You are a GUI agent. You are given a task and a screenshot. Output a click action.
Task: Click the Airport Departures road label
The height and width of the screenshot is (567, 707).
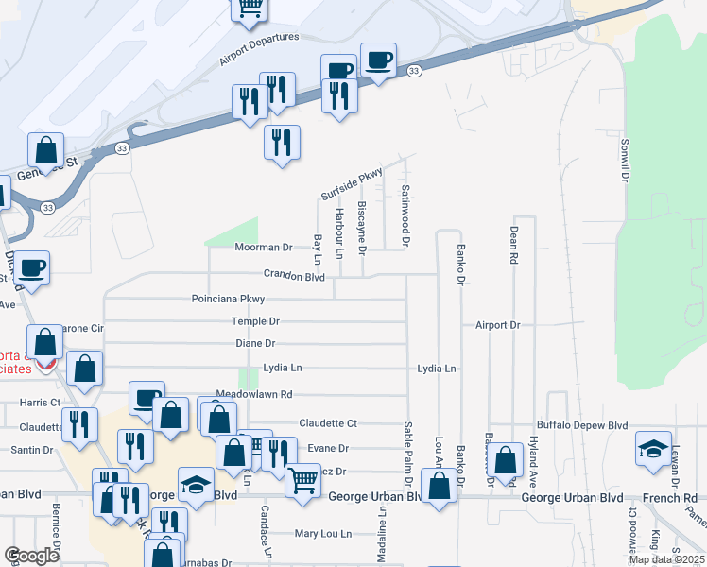(x=258, y=50)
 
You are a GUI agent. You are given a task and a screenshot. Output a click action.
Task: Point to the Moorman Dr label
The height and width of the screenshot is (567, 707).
(x=263, y=248)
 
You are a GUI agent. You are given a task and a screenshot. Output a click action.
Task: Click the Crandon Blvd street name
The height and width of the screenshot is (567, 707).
(x=293, y=277)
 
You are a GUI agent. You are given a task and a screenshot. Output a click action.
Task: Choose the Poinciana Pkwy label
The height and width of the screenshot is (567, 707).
(x=228, y=299)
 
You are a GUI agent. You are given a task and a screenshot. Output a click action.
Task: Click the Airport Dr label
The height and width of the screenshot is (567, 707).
(x=497, y=324)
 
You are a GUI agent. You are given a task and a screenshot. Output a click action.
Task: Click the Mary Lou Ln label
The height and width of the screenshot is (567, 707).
(x=323, y=533)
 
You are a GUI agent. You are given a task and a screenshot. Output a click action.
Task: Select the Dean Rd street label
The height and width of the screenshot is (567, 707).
(x=513, y=245)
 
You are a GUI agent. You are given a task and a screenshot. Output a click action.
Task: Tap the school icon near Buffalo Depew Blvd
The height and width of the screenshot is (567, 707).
(x=653, y=448)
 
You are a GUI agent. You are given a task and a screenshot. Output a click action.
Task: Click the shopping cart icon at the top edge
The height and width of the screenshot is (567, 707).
(x=250, y=8)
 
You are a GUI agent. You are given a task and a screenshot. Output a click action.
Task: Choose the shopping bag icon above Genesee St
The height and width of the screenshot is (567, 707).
(x=45, y=149)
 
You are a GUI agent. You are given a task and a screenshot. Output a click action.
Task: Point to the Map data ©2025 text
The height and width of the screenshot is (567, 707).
(x=665, y=559)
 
